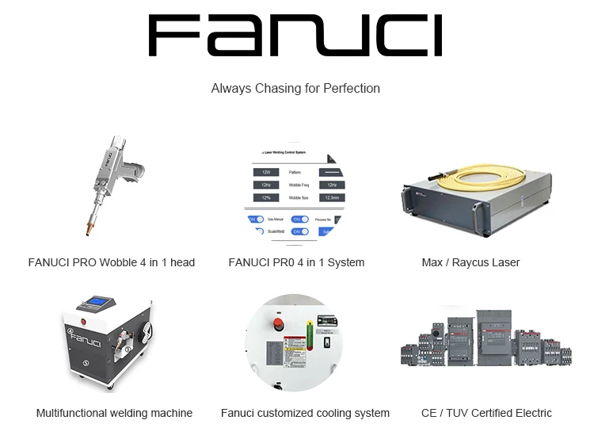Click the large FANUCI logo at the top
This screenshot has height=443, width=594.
tap(295, 36)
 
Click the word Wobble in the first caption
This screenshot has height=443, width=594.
tap(116, 262)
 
